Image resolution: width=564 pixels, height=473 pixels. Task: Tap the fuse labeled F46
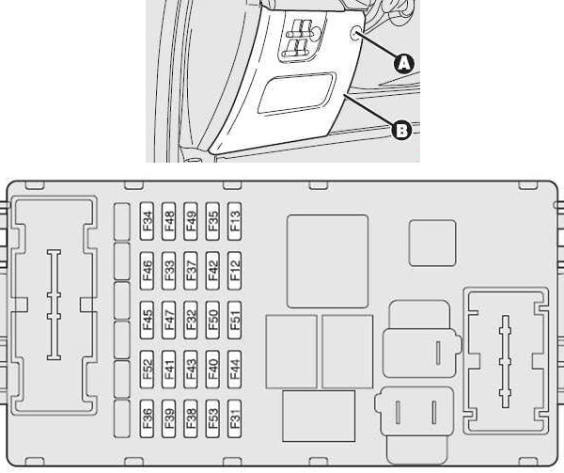pos(147,271)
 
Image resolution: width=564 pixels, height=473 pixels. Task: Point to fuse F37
pos(191,271)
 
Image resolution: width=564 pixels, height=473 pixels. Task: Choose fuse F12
pos(234,271)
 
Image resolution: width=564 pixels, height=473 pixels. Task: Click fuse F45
pos(147,320)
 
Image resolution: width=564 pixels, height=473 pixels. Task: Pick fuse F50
pos(212,320)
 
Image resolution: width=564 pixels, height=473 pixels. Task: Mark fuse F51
pos(234,320)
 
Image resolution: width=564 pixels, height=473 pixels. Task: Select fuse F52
pos(147,370)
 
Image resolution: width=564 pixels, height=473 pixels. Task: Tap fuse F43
pos(191,370)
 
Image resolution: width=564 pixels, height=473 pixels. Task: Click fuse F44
pos(234,370)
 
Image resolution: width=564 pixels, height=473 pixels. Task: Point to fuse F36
pos(147,418)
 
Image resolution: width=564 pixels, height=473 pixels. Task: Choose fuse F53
pos(212,418)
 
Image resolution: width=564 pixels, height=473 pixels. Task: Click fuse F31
pos(234,418)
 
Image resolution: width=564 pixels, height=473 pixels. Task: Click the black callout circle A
pos(404,64)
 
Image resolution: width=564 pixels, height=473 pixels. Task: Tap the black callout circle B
pos(401,130)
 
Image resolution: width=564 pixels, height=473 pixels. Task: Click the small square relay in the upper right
pos(432,244)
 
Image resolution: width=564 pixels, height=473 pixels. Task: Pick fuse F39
pos(168,418)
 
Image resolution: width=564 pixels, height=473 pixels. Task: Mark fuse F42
pos(212,271)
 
